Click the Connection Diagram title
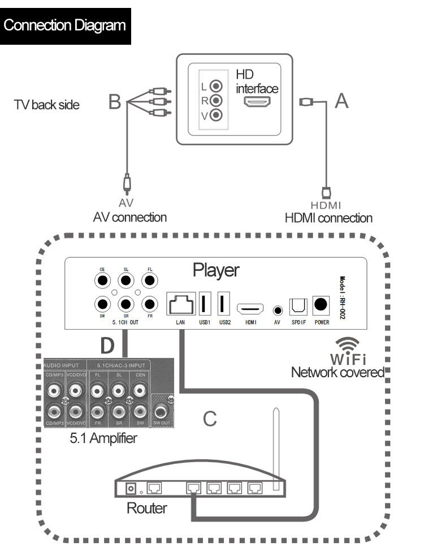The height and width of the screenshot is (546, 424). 66,25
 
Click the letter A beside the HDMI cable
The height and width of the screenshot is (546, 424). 341,101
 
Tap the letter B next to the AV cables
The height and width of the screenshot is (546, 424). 115,103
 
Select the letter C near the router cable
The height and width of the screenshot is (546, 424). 210,419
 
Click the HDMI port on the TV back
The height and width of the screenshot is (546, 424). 257,102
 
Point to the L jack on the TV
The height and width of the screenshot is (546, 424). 215,87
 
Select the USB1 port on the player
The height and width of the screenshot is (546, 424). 204,304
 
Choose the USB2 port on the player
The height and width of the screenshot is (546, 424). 223,304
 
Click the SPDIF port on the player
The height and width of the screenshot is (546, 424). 298,306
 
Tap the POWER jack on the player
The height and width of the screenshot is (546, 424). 321,305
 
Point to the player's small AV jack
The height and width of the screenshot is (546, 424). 278,310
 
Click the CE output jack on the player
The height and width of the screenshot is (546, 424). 102,280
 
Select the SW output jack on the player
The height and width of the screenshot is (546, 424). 102,304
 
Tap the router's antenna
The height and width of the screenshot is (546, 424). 276,447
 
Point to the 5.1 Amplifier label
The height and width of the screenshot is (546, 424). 103,438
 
